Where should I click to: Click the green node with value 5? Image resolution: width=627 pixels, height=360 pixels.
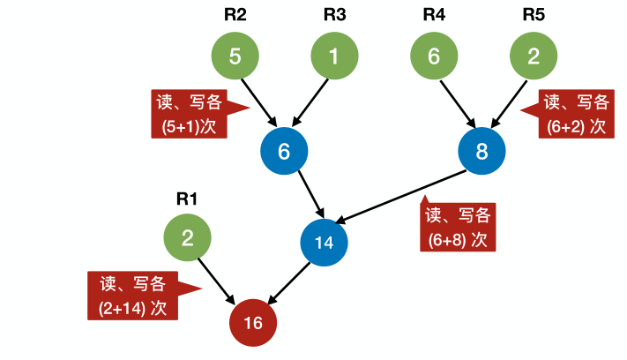point(235,56)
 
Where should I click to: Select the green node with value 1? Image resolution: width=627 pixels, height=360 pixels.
point(334,56)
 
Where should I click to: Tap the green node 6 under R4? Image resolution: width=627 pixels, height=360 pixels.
point(434,56)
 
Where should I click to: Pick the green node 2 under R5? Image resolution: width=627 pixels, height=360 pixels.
point(534,56)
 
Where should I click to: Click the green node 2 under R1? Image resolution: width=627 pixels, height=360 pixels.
point(187,237)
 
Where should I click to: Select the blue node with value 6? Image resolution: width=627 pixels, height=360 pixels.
point(284,152)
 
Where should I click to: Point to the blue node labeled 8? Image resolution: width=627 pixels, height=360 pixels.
point(481,152)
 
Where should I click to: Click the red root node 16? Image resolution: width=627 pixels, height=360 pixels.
point(253,323)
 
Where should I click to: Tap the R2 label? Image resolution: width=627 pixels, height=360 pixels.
point(234,14)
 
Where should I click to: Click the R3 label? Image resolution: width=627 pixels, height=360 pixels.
point(334,14)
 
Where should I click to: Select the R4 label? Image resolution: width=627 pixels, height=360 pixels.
point(434,14)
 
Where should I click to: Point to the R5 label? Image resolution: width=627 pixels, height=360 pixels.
point(534,14)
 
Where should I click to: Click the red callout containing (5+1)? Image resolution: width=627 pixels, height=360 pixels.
point(187,115)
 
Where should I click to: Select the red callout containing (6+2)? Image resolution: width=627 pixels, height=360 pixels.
point(574,114)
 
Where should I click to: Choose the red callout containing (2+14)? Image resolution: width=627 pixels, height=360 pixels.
point(133,296)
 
